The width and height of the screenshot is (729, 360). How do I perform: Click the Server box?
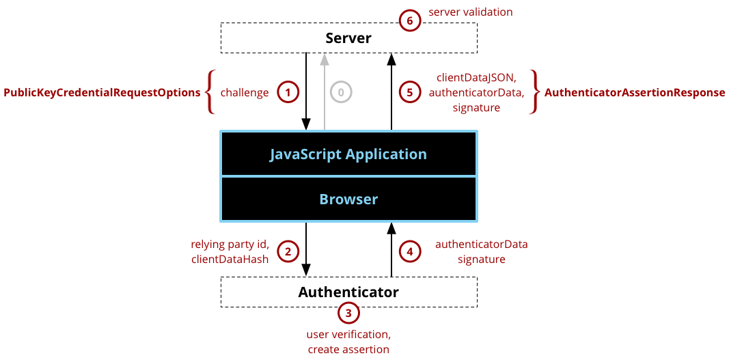[348, 38]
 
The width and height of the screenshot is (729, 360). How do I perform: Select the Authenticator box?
[348, 292]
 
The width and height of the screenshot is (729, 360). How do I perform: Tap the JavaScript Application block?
[348, 154]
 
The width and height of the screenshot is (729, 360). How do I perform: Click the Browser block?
[348, 199]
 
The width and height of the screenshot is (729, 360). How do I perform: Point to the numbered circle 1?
[288, 92]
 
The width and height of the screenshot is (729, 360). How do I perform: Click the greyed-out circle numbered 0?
[341, 92]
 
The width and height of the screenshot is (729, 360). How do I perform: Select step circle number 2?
[288, 251]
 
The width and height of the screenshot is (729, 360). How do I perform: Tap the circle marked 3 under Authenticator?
[348, 314]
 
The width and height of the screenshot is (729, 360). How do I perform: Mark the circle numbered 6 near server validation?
[410, 20]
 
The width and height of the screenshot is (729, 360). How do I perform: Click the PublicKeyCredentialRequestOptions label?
[101, 92]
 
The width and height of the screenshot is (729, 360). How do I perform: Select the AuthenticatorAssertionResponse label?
[635, 92]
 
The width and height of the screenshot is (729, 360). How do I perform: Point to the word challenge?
[245, 92]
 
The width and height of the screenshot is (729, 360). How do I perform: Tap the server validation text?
[470, 12]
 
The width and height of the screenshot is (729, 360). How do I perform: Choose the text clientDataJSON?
[476, 79]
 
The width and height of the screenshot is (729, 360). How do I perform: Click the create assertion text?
[348, 349]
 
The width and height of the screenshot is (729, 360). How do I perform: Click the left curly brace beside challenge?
[210, 92]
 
